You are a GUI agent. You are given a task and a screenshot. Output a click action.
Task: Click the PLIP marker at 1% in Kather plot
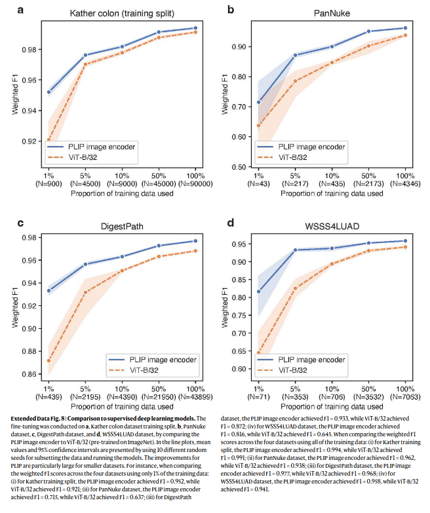click(x=49, y=92)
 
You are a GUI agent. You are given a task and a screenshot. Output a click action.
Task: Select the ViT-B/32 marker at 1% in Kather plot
click(x=49, y=140)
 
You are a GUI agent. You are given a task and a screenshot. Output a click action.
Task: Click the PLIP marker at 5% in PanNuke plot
click(x=295, y=55)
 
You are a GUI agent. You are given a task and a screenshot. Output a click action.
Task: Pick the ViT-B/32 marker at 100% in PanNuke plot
click(x=405, y=35)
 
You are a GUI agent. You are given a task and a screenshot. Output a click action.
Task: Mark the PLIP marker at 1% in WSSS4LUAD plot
click(x=258, y=292)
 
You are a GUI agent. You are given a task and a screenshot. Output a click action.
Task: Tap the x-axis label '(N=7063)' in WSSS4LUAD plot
click(x=405, y=397)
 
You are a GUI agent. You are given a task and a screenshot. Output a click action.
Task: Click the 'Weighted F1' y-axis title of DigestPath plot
click(x=16, y=307)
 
